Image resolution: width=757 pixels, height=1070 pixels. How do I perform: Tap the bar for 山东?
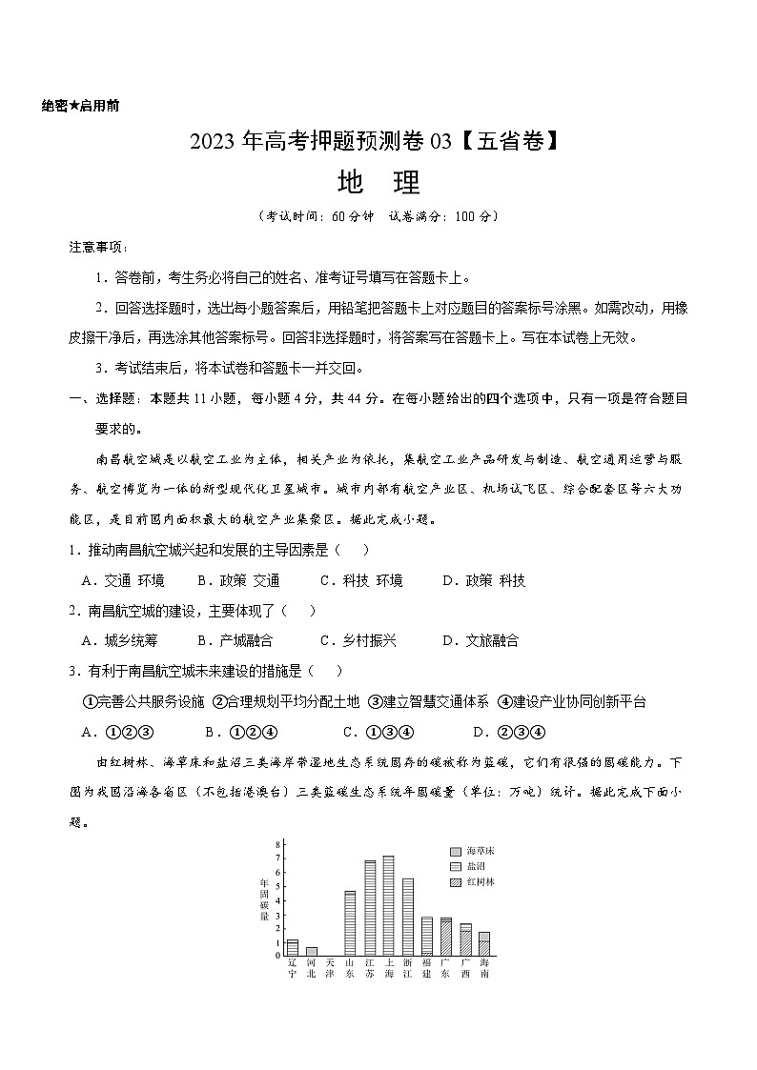pyautogui.click(x=350, y=923)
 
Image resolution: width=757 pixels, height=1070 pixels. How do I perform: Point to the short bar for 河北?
pyautogui.click(x=311, y=951)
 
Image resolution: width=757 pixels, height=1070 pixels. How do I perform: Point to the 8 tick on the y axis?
pyautogui.click(x=276, y=844)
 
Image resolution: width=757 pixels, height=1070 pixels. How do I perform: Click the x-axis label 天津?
pyautogui.click(x=330, y=969)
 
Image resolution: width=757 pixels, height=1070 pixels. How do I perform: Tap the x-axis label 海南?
pyautogui.click(x=484, y=969)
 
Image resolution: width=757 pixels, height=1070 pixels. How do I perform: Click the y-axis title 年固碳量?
pyautogui.click(x=263, y=900)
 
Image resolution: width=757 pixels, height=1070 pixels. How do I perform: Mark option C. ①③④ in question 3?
pyautogui.click(x=377, y=732)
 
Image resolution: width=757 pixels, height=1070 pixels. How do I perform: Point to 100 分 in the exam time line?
pyautogui.click(x=472, y=216)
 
